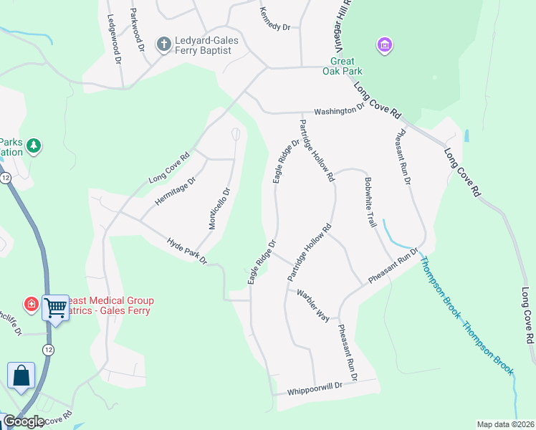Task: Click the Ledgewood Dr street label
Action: (x=113, y=39)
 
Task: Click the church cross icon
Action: (x=163, y=44)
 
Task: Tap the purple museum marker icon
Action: (x=385, y=45)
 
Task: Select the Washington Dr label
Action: (x=340, y=112)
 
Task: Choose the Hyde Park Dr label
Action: (x=186, y=250)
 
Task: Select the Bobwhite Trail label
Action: (x=370, y=202)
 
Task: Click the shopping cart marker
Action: (x=55, y=308)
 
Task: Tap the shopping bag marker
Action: (x=21, y=376)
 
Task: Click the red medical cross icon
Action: (x=32, y=305)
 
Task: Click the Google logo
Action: (x=24, y=421)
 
